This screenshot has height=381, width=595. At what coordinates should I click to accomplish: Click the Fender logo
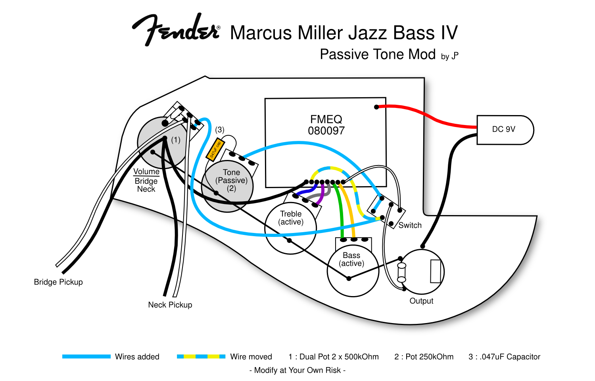pyautogui.click(x=176, y=30)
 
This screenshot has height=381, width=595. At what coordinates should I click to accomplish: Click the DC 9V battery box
pyautogui.click(x=504, y=130)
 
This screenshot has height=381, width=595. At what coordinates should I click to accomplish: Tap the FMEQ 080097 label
pyautogui.click(x=326, y=125)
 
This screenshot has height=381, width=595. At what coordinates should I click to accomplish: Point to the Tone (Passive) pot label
pyautogui.click(x=231, y=180)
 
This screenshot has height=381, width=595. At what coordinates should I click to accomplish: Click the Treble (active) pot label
pyautogui.click(x=291, y=218)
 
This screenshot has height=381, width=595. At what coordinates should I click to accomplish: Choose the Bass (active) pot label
pyautogui.click(x=351, y=259)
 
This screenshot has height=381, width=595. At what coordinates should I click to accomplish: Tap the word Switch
pyautogui.click(x=410, y=225)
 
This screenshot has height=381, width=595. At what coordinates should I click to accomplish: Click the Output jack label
pyautogui.click(x=421, y=301)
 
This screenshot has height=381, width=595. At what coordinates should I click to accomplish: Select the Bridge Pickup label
pyautogui.click(x=58, y=282)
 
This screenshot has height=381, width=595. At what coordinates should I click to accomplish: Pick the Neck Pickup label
pyautogui.click(x=170, y=305)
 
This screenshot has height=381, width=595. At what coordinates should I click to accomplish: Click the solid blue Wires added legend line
pyautogui.click(x=86, y=356)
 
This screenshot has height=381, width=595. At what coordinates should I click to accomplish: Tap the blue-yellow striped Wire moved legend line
pyautogui.click(x=201, y=356)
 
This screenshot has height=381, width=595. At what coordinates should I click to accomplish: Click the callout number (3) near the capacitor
pyautogui.click(x=220, y=130)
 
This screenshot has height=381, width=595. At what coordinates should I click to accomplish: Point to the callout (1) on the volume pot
pyautogui.click(x=176, y=140)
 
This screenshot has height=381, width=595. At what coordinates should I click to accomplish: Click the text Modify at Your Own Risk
pyautogui.click(x=297, y=370)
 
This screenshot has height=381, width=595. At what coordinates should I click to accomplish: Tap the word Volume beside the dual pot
pyautogui.click(x=146, y=171)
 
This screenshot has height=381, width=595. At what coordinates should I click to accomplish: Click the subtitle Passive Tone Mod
pyautogui.click(x=378, y=54)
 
